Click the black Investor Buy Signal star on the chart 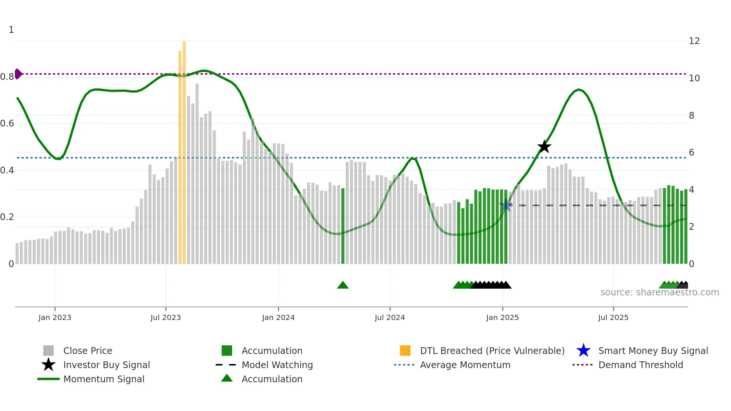pyautogui.click(x=544, y=147)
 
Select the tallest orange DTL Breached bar pyautogui.click(x=184, y=149)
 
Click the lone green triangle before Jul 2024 pyautogui.click(x=343, y=285)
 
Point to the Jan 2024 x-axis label pyautogui.click(x=278, y=317)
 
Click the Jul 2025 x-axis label pyautogui.click(x=613, y=317)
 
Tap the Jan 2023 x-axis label pyautogui.click(x=55, y=317)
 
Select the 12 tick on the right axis pyautogui.click(x=694, y=41)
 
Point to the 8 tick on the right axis pyautogui.click(x=691, y=116)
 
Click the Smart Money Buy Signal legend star pyautogui.click(x=583, y=351)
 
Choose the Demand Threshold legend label pyautogui.click(x=640, y=365)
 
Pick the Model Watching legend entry pyautogui.click(x=277, y=365)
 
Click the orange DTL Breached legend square pyautogui.click(x=405, y=351)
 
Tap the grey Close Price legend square pyautogui.click(x=48, y=351)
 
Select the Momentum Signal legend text pyautogui.click(x=104, y=379)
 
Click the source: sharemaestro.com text pyautogui.click(x=659, y=292)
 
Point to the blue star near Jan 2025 pyautogui.click(x=506, y=205)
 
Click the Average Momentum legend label pyautogui.click(x=465, y=365)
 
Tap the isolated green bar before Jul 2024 pyautogui.click(x=343, y=226)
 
